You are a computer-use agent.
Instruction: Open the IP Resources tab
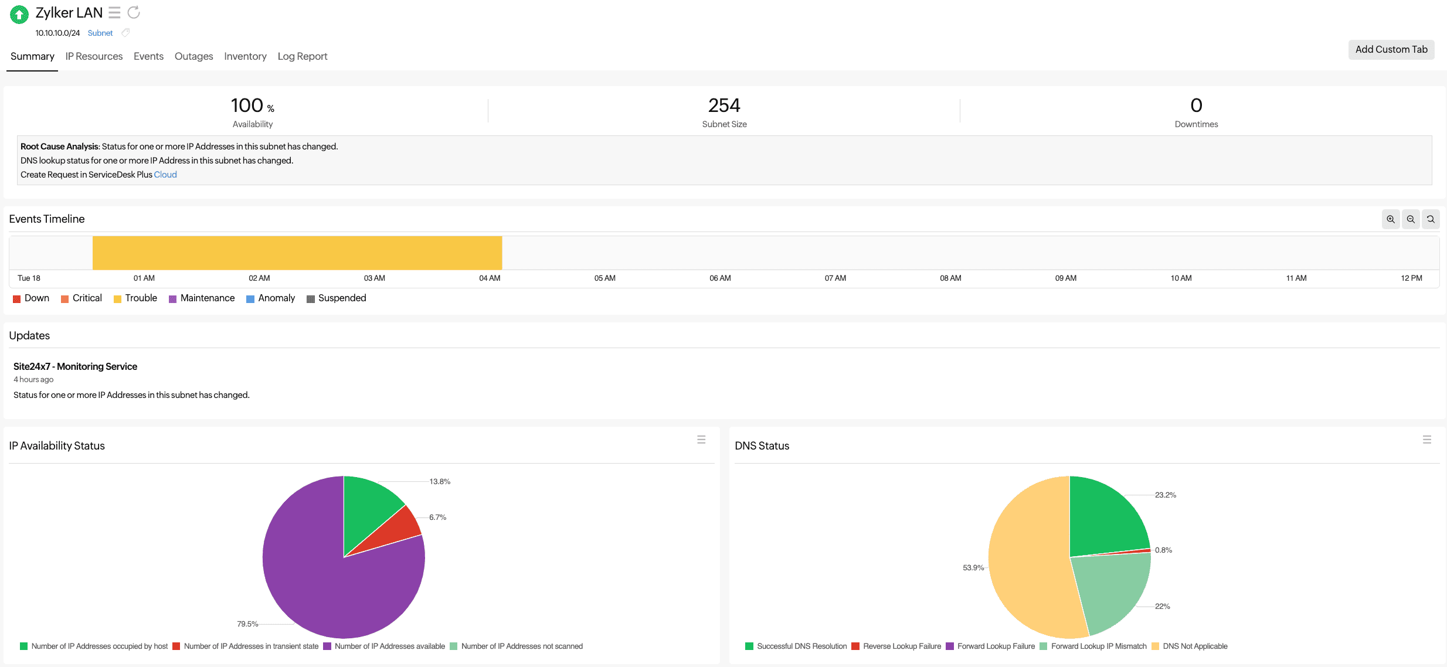[x=94, y=56]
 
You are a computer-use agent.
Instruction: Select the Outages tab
[x=193, y=56]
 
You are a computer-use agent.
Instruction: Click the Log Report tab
[x=302, y=56]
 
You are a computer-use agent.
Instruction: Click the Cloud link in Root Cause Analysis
[x=165, y=175]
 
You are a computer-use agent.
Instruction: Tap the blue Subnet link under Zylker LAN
[x=100, y=33]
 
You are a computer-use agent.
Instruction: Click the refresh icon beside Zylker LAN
[x=134, y=12]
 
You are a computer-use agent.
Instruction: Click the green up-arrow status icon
[x=19, y=14]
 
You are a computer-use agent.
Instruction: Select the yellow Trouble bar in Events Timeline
[x=297, y=253]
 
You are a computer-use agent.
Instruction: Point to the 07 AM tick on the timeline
[x=835, y=278]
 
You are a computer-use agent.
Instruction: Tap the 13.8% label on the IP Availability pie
[x=440, y=482]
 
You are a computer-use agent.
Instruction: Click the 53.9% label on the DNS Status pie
[x=973, y=568]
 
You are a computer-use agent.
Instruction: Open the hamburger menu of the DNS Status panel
[x=1426, y=440]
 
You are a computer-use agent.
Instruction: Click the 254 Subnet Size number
[x=724, y=106]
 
